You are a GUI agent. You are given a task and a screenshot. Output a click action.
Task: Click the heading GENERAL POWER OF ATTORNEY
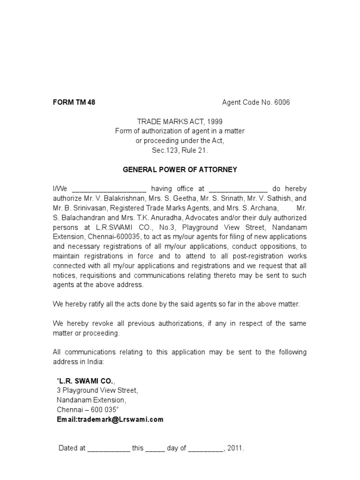coord(180,170)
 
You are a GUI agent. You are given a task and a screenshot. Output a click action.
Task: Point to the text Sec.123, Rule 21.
coord(180,150)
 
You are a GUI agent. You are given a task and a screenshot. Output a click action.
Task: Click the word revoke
coord(98,323)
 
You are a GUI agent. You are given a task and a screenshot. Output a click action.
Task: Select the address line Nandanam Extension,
coord(91,400)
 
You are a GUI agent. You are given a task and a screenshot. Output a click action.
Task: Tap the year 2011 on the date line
coord(236,448)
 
